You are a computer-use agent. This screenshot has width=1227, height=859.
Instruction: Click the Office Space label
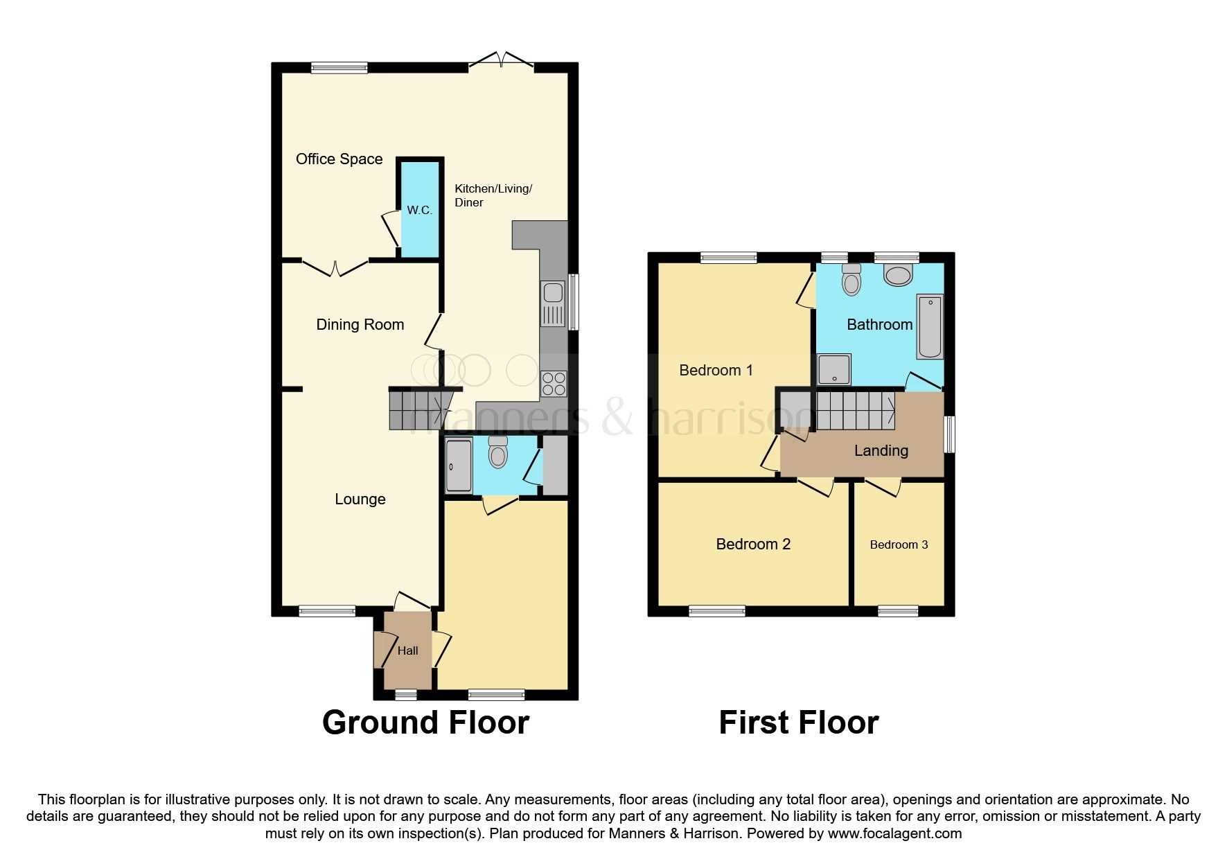339,159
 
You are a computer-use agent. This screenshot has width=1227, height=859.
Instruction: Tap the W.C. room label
419,210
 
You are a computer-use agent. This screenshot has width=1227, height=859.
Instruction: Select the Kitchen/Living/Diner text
493,195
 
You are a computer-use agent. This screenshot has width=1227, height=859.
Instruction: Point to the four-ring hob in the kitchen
554,383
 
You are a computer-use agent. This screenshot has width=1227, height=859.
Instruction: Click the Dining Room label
360,324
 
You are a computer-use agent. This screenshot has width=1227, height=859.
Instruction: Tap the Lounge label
360,499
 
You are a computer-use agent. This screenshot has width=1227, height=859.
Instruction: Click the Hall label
407,650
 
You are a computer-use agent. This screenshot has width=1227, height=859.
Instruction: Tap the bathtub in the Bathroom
930,326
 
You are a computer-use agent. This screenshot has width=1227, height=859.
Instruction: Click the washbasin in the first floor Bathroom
899,275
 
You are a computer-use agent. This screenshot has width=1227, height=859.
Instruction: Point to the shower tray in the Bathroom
834,369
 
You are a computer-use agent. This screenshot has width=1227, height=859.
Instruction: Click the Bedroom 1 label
716,370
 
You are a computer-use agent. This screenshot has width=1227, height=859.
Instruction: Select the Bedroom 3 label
899,544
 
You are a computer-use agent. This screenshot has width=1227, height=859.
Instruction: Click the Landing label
881,451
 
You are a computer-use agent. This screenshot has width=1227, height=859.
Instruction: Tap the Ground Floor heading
425,723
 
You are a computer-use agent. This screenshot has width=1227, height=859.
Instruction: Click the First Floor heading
798,723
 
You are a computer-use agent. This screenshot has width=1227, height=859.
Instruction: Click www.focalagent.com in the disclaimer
894,833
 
